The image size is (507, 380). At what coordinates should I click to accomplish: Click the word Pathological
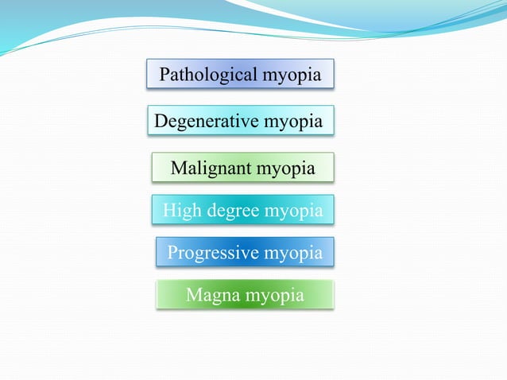[207, 76]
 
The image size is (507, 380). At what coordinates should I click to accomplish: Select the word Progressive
[212, 254]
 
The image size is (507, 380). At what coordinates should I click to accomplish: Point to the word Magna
[211, 296]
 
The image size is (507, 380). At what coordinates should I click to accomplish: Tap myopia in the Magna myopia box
[274, 297]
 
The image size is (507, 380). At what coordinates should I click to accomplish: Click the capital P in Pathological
[165, 76]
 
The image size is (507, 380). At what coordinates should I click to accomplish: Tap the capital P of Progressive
[172, 254]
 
